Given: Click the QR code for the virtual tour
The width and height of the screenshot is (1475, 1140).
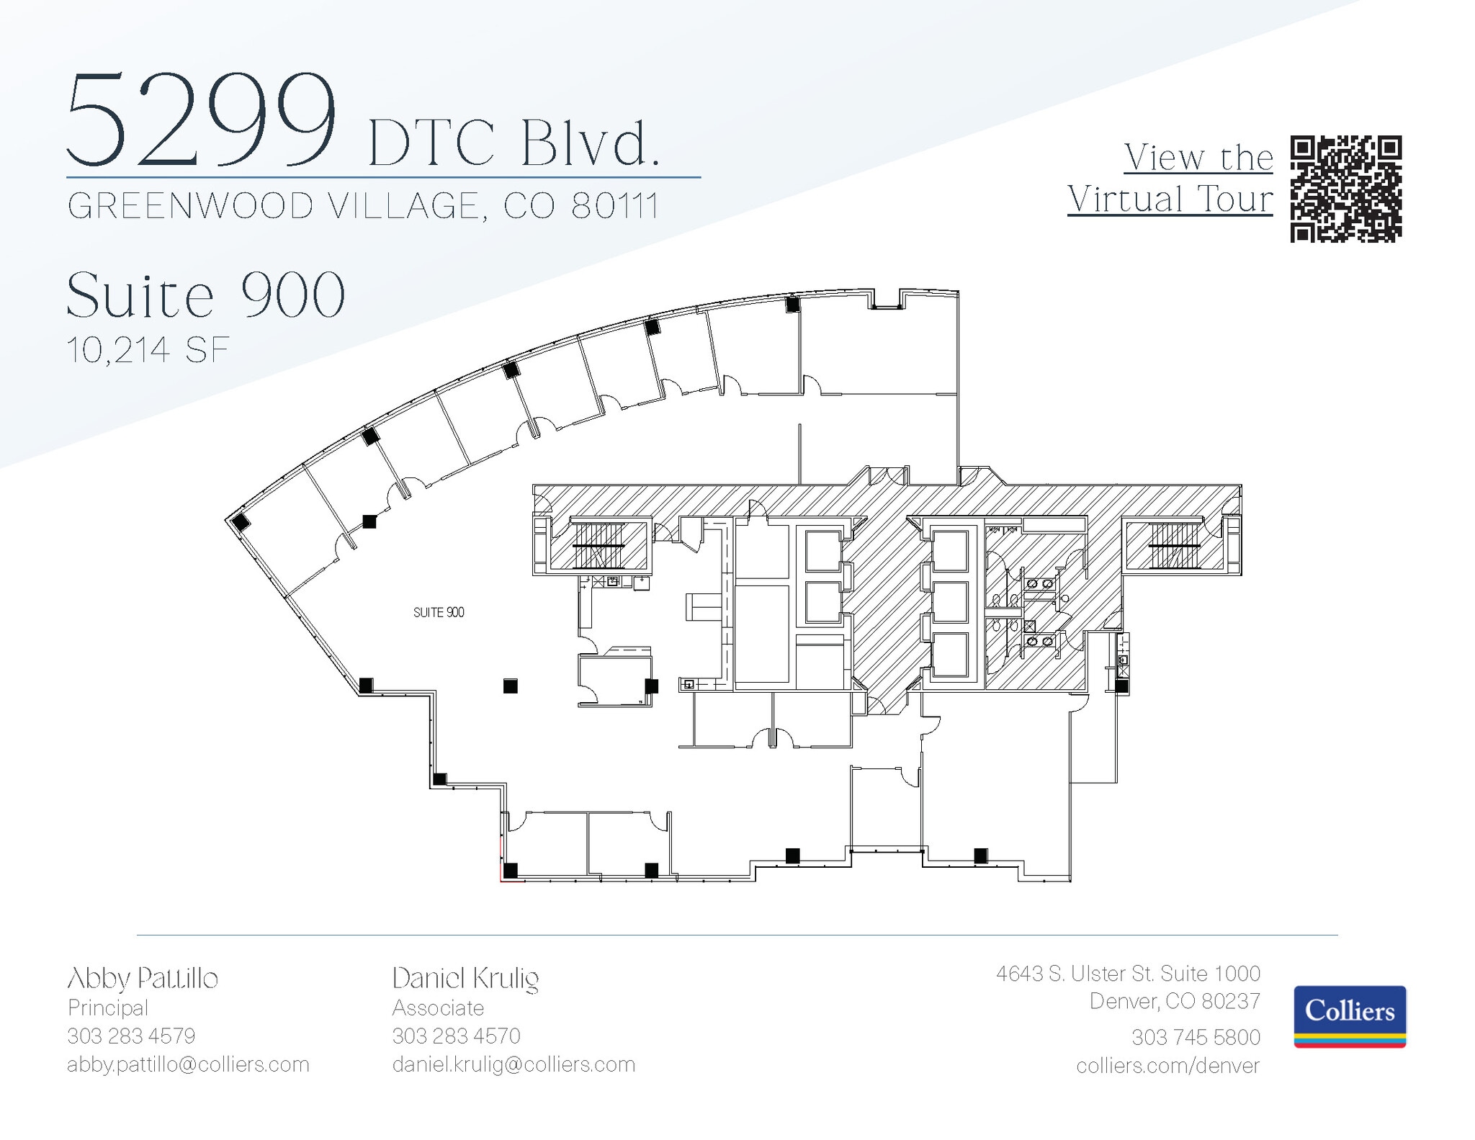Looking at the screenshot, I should (1345, 189).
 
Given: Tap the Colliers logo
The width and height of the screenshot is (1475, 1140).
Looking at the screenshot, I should (1350, 1016).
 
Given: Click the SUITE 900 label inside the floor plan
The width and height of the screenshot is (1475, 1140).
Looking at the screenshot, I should (439, 612).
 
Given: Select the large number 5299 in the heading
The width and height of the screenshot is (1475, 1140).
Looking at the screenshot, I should (202, 120).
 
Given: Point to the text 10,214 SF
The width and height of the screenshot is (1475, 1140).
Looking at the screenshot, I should (148, 350).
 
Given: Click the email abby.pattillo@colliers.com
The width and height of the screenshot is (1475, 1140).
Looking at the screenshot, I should (188, 1064).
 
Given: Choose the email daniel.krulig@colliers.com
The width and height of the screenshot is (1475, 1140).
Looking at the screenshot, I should (514, 1064).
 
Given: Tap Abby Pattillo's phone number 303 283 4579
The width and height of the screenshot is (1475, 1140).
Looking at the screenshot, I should (131, 1036).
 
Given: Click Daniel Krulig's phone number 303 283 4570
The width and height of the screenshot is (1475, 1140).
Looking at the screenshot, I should (456, 1036).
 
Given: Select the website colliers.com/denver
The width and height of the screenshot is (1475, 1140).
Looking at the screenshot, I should (1167, 1066).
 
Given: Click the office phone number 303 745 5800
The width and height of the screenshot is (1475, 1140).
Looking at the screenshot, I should (1196, 1037).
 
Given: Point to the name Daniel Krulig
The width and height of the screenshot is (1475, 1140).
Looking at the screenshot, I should (465, 979).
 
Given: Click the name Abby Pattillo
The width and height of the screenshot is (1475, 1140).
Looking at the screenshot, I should (143, 979).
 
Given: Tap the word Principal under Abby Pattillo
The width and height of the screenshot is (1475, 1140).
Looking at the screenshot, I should (108, 1007).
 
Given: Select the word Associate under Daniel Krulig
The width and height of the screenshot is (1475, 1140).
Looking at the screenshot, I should (438, 1007).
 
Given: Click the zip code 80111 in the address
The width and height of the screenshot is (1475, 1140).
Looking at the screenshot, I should (615, 207).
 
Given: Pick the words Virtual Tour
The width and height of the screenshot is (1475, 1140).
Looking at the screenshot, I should (1170, 199).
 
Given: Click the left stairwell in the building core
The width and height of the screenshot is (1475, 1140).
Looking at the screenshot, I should (598, 545).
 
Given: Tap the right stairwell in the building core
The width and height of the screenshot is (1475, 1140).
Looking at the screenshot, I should (1174, 545).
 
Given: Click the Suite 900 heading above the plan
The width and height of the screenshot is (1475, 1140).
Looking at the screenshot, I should (206, 295).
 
